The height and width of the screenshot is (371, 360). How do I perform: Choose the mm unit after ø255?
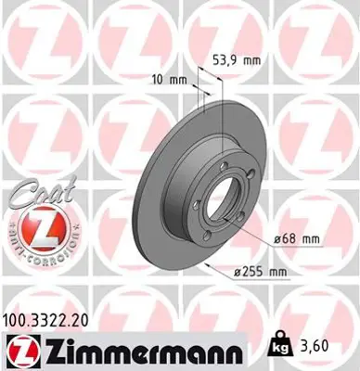point(276,272)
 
